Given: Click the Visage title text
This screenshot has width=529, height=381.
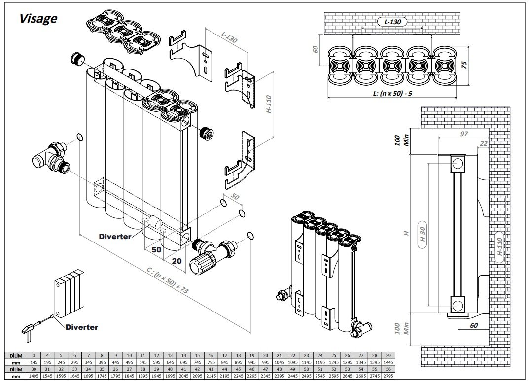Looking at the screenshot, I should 38,19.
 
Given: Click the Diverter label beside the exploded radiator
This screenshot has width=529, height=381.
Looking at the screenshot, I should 115,236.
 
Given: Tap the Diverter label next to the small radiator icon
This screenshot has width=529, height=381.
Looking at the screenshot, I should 81,327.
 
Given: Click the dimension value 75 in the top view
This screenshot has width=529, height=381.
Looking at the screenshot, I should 463,65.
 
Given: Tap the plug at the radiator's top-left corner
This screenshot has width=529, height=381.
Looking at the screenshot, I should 77,59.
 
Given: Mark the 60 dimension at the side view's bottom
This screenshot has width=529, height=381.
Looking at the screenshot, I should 473,325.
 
